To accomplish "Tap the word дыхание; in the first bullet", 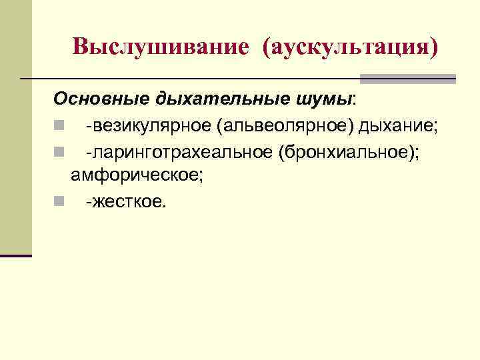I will click(393, 125).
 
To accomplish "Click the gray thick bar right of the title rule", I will click(408, 79).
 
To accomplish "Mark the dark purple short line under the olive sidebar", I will click(16, 255).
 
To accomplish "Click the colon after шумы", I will click(355, 100).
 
